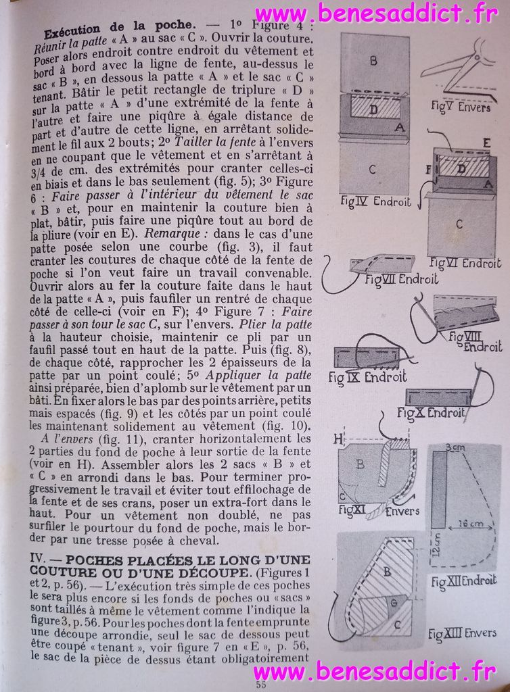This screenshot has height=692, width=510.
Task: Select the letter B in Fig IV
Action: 373,60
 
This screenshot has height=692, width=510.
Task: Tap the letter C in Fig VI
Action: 460,224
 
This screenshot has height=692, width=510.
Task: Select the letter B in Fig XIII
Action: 388,570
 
